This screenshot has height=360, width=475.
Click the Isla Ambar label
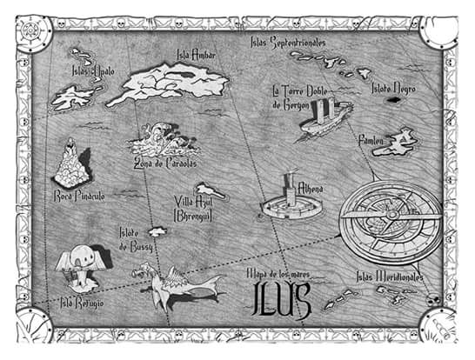[196, 55]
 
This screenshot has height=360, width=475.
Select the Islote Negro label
[393, 88]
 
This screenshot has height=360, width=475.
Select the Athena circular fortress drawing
[288, 203]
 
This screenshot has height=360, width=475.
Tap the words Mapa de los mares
[279, 275]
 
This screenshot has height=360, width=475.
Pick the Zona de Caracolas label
[164, 162]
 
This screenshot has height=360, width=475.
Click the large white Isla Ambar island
[174, 83]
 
